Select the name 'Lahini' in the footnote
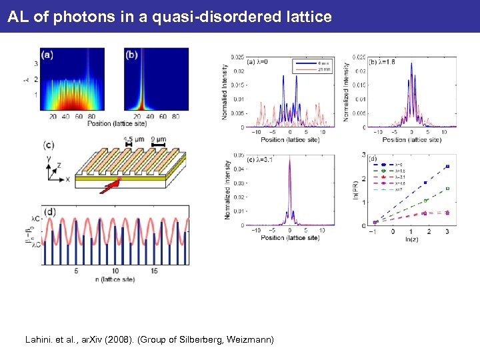pyautogui.click(x=39, y=340)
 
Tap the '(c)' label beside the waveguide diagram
pyautogui.click(x=49, y=145)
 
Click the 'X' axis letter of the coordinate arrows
pyautogui.click(x=67, y=179)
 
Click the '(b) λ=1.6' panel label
pyautogui.click(x=381, y=62)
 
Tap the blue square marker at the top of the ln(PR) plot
pyautogui.click(x=448, y=166)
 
